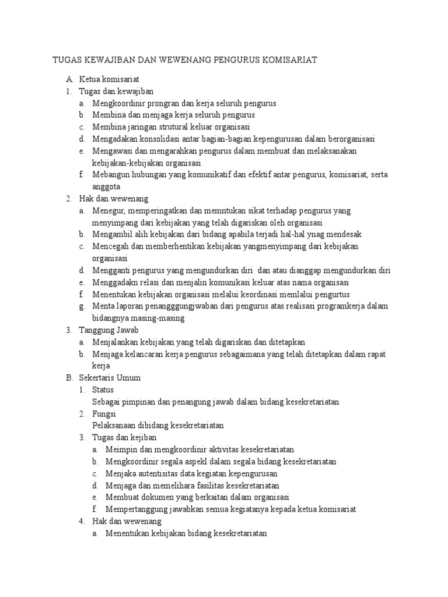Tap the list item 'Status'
click(103, 389)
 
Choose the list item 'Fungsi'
click(104, 413)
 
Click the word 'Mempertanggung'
click(139, 509)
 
